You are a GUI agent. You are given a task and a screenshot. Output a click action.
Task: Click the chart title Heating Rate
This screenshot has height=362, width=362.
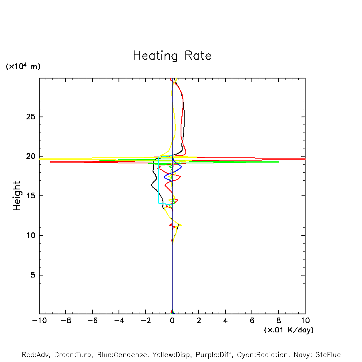coord(172,56)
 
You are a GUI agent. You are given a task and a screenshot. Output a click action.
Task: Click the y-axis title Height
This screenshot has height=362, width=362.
coord(17,196)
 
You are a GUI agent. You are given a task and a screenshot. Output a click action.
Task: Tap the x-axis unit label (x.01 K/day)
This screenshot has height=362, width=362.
coord(289,330)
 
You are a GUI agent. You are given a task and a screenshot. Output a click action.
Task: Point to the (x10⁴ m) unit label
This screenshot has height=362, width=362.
coord(23,66)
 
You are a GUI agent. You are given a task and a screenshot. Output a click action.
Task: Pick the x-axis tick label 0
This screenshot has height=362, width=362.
coord(172,321)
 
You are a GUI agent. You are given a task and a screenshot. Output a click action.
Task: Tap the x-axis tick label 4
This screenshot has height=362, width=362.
coord(225,321)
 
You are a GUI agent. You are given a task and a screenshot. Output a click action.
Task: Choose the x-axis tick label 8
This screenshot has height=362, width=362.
coord(279,321)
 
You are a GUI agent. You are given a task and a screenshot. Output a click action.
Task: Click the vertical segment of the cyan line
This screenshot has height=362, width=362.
coord(159,184)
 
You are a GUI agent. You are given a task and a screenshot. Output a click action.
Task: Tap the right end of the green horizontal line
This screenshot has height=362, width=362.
coord(278,162)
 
